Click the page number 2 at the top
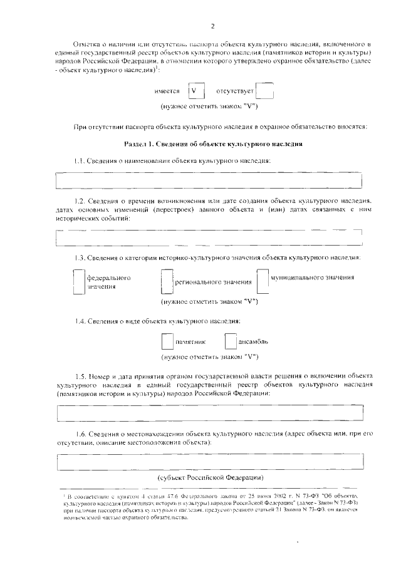(x=212, y=26)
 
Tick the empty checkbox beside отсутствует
(x=265, y=91)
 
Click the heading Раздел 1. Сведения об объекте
(x=214, y=143)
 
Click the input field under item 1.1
(x=209, y=180)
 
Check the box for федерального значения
(x=78, y=281)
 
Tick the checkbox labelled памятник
(x=167, y=341)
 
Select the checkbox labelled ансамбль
(x=232, y=341)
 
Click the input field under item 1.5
(x=209, y=414)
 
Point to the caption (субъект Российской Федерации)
(x=212, y=479)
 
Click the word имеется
(x=167, y=91)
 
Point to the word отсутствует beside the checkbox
(x=234, y=91)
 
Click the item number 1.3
(x=79, y=258)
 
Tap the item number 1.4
(x=79, y=321)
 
